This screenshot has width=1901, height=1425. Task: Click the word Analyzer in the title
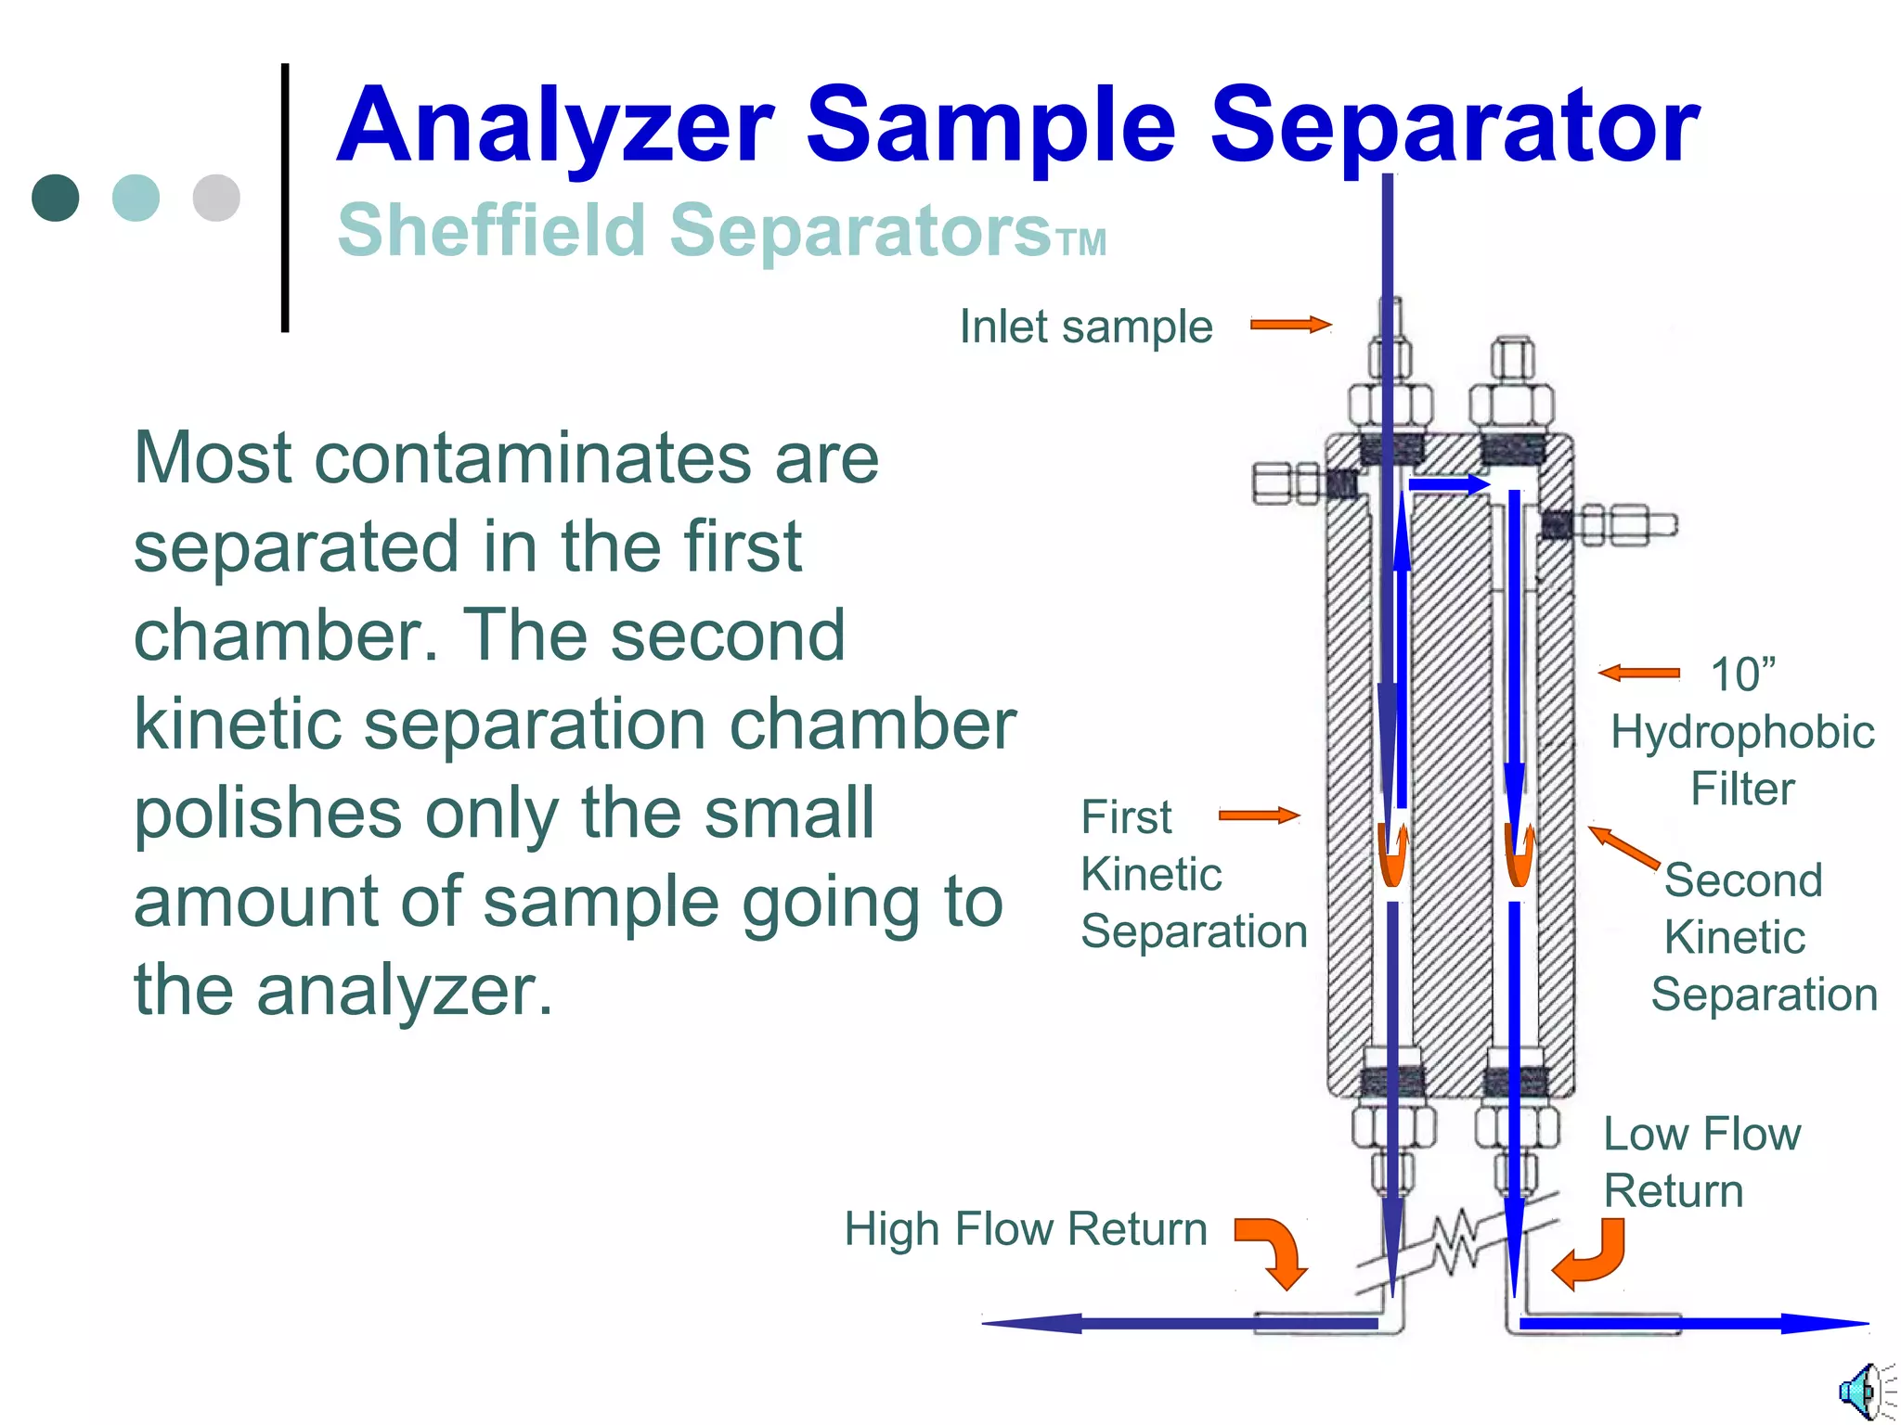coord(554,125)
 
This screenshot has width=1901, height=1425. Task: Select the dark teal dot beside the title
coord(56,198)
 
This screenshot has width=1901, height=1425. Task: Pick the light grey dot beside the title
coord(216,198)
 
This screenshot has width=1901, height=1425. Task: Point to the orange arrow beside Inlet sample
coord(1290,325)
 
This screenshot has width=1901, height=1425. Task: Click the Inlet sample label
coord(1085,327)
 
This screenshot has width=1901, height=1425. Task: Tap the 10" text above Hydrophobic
coord(1742,674)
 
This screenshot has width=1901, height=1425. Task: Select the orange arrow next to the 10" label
coord(1638,674)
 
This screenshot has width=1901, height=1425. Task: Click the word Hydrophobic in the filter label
coord(1742,732)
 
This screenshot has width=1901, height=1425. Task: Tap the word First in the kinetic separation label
coord(1126,817)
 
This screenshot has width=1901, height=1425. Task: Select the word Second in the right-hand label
coord(1743,879)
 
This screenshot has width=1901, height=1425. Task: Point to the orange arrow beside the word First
coord(1259,815)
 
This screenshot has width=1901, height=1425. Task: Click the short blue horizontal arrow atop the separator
coord(1449,484)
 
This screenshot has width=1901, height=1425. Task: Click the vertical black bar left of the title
coord(285,198)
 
